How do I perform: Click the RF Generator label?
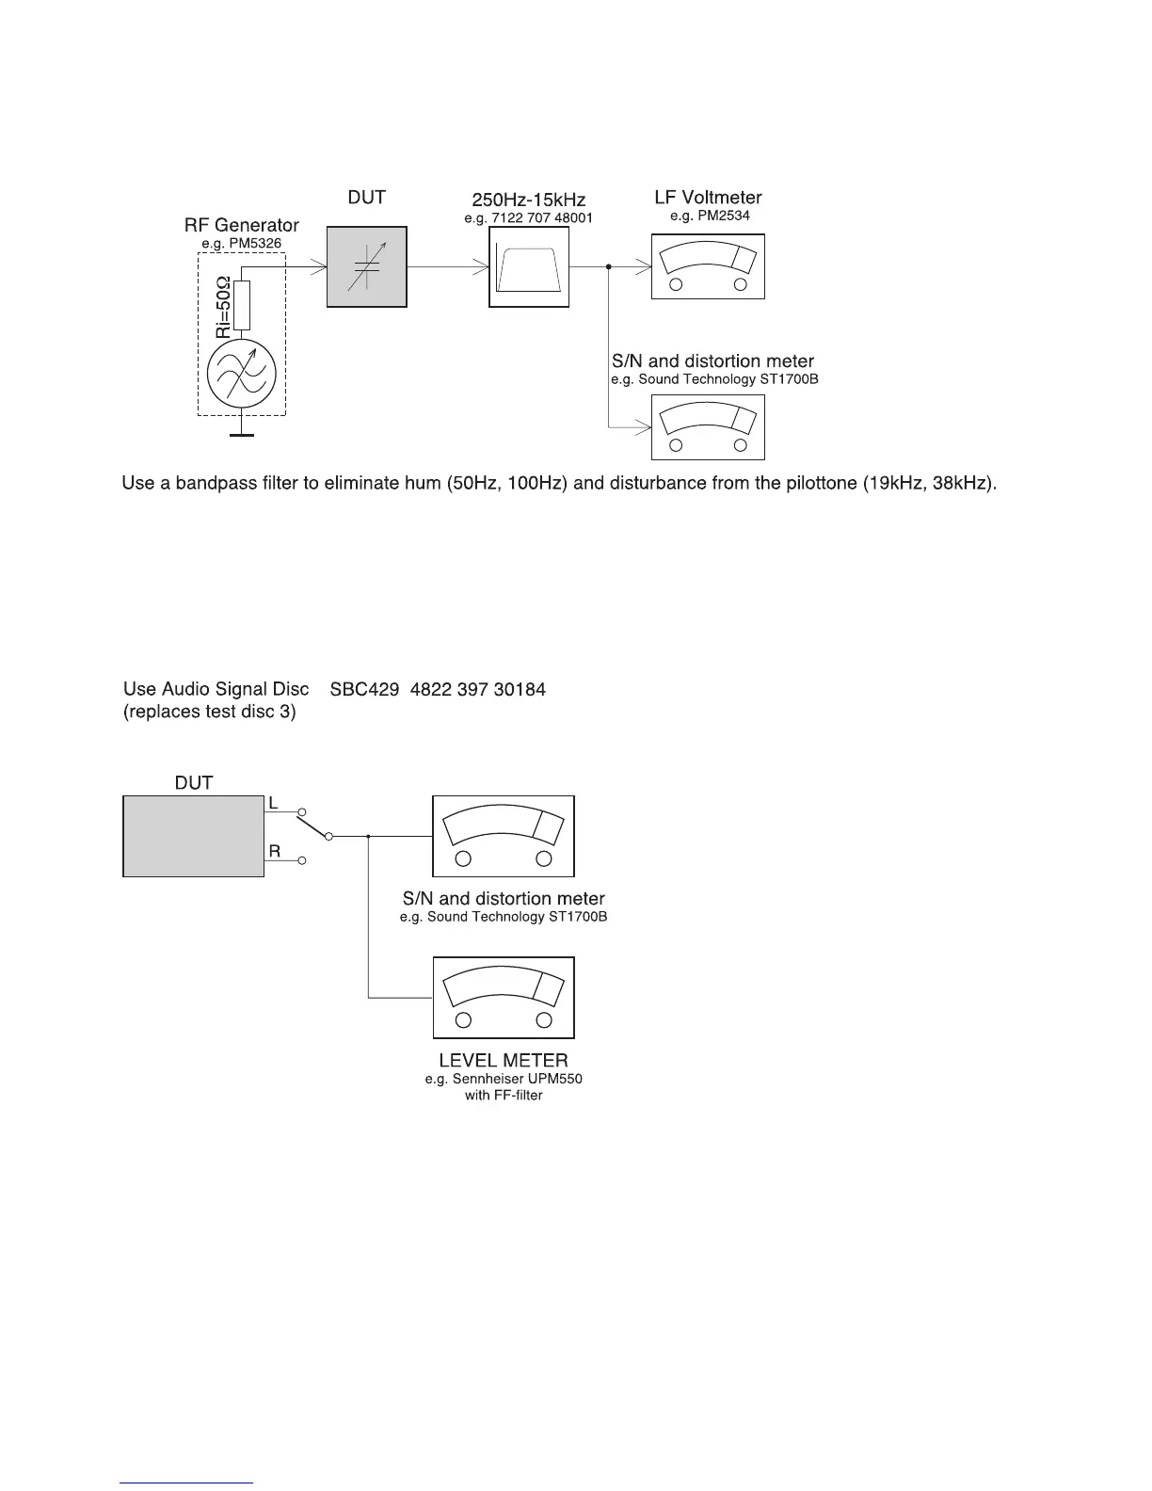241,225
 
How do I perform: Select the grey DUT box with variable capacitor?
367,266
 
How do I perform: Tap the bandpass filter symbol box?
529,267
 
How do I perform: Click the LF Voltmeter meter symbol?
708,266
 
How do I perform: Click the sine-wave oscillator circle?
243,374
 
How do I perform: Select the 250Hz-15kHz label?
528,200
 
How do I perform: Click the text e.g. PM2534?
710,216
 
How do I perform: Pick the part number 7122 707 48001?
545,218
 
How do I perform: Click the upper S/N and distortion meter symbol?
708,426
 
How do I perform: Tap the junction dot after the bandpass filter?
609,267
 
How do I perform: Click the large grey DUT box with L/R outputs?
194,836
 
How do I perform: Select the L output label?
273,802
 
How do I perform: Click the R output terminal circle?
302,860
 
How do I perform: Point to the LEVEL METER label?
504,1061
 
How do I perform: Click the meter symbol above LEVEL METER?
504,997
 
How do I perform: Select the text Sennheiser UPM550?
517,1079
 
